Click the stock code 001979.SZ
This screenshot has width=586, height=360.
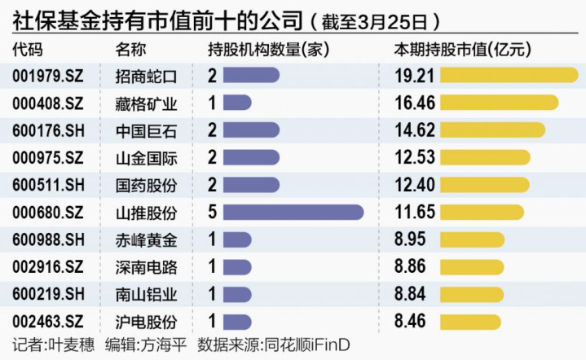(x=48, y=76)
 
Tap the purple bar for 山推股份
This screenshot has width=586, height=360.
(x=293, y=213)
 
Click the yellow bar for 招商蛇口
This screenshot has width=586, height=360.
(x=509, y=76)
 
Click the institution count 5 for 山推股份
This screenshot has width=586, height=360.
(x=212, y=213)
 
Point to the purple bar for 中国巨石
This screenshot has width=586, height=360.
(x=250, y=130)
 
